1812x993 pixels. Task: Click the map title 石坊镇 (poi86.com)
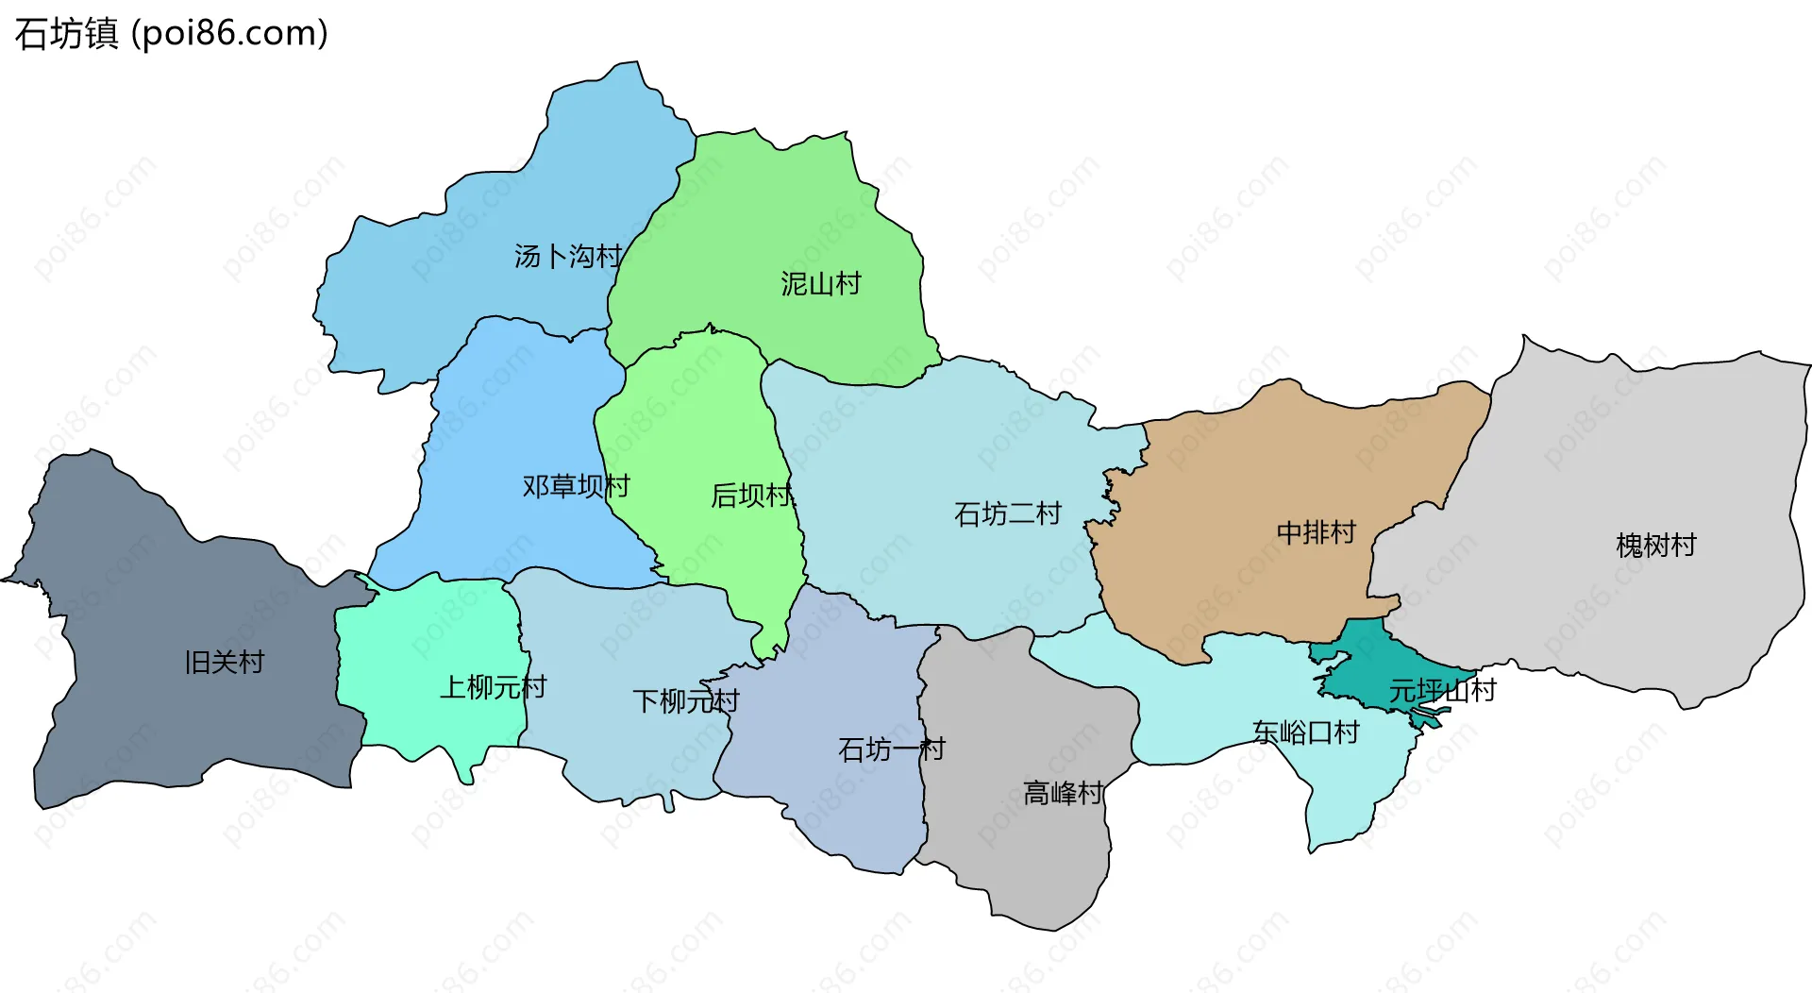[171, 34]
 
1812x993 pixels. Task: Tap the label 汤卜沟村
[568, 256]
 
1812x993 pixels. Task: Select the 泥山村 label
[820, 283]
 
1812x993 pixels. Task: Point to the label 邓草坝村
[576, 486]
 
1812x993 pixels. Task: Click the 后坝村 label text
[752, 495]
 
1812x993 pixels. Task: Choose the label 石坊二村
[1007, 513]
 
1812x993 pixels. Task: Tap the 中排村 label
[1316, 532]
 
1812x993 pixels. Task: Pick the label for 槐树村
[1655, 545]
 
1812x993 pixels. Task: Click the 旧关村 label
[224, 662]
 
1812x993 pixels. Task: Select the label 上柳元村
[493, 686]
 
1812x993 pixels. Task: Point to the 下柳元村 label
[685, 700]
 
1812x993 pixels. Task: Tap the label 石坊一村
[891, 749]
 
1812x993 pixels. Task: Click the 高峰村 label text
[1063, 793]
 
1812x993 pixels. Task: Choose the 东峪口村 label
[1305, 732]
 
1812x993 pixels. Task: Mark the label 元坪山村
[1441, 690]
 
